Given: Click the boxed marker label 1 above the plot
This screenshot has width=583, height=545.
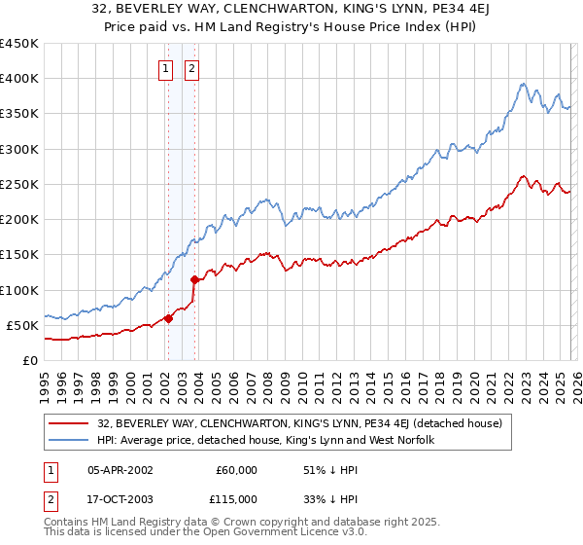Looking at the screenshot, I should (166, 68).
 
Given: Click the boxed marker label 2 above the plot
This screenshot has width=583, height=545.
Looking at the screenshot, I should (192, 68).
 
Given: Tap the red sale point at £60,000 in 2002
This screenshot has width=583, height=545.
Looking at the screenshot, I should (168, 317).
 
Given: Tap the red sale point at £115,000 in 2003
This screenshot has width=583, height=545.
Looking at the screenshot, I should (194, 279).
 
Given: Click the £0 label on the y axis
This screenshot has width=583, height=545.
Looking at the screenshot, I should (30, 360).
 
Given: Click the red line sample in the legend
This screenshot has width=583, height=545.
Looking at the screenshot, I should (70, 423).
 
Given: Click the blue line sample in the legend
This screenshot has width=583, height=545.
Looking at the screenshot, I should (70, 441).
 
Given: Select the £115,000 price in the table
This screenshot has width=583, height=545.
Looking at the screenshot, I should (236, 498).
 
